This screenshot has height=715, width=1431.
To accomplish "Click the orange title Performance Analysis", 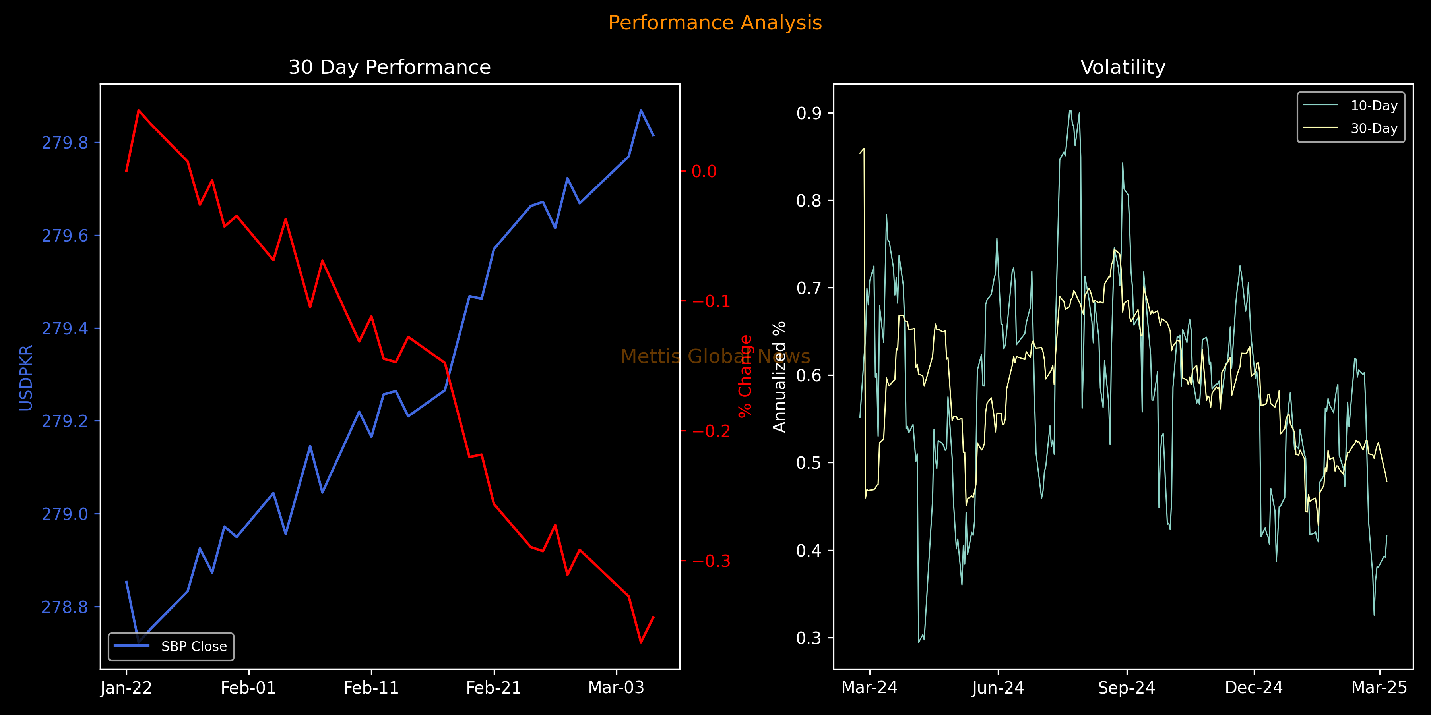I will pyautogui.click(x=715, y=23).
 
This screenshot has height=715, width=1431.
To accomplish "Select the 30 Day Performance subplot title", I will pyautogui.click(x=390, y=67).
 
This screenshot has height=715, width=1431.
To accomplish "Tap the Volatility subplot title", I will pyautogui.click(x=1123, y=67).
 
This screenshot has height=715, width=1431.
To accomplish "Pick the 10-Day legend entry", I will pyautogui.click(x=1374, y=106).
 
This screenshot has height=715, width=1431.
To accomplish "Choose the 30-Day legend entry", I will pyautogui.click(x=1374, y=128).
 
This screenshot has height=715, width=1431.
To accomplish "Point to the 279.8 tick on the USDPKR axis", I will pyautogui.click(x=65, y=143).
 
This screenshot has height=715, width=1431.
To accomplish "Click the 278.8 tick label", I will pyautogui.click(x=65, y=607).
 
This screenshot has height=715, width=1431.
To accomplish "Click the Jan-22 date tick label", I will pyautogui.click(x=126, y=688).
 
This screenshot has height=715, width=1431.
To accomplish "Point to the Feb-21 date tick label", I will pyautogui.click(x=493, y=688).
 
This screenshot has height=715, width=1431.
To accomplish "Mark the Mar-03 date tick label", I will pyautogui.click(x=616, y=688).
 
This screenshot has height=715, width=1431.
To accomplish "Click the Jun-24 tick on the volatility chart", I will pyautogui.click(x=998, y=688).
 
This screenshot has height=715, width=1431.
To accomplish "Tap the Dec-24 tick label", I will pyautogui.click(x=1254, y=688).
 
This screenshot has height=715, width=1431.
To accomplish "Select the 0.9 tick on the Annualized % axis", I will pyautogui.click(x=809, y=113).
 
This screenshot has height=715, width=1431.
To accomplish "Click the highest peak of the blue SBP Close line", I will pyautogui.click(x=641, y=110).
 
